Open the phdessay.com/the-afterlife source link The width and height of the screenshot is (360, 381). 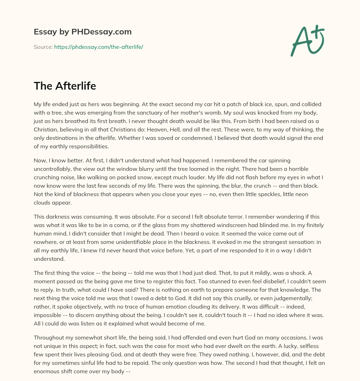(98, 47)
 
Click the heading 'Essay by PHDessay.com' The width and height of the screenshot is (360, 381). (83, 32)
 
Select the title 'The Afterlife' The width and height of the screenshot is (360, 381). (65, 86)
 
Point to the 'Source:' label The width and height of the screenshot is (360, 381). (43, 47)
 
